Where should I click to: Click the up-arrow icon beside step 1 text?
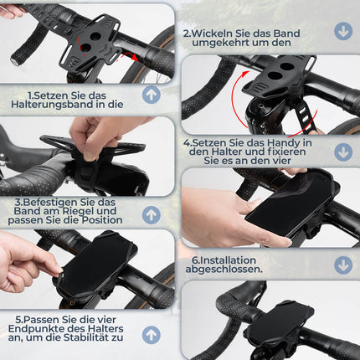[x=152, y=94]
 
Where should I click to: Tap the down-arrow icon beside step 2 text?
[x=342, y=31]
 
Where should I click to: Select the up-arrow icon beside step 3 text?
[x=152, y=214]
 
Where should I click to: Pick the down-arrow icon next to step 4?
[x=342, y=152]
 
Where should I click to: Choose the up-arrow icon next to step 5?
[x=152, y=335]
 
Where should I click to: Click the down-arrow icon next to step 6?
[x=342, y=265]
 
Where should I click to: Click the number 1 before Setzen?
[x=31, y=95]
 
